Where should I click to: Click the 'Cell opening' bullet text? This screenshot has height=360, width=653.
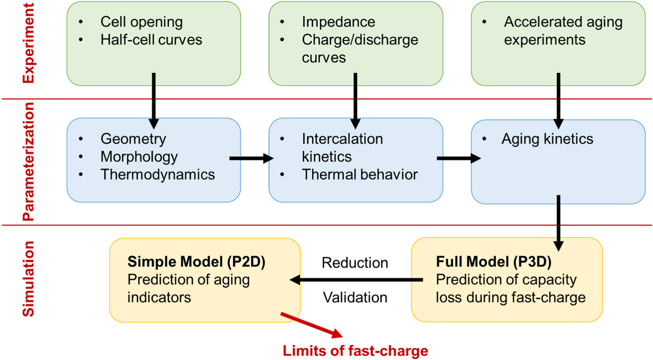(141, 22)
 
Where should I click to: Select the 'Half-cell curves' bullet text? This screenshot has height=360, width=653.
(151, 40)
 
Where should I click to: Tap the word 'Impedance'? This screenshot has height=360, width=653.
(338, 22)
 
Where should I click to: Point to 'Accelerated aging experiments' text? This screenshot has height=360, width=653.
(563, 31)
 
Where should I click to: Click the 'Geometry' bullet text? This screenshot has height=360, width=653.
(133, 139)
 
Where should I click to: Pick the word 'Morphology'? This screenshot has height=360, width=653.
(139, 157)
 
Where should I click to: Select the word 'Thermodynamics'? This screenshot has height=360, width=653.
(158, 175)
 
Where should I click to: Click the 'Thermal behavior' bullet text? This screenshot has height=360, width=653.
(360, 175)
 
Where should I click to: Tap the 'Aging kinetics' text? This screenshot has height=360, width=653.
(547, 139)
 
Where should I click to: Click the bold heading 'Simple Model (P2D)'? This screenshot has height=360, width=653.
(196, 262)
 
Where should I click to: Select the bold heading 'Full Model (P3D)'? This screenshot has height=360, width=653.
(493, 262)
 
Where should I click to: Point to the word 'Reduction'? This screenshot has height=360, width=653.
(354, 263)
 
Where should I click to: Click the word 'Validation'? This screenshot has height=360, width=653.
(355, 298)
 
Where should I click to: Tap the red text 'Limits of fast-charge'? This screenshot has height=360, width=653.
(355, 351)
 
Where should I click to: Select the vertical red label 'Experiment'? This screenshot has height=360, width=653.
(28, 43)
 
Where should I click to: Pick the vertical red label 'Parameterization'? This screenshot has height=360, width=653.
(28, 162)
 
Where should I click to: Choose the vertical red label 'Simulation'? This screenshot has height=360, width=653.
(28, 279)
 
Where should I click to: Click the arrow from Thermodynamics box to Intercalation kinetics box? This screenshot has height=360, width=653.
(251, 158)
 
